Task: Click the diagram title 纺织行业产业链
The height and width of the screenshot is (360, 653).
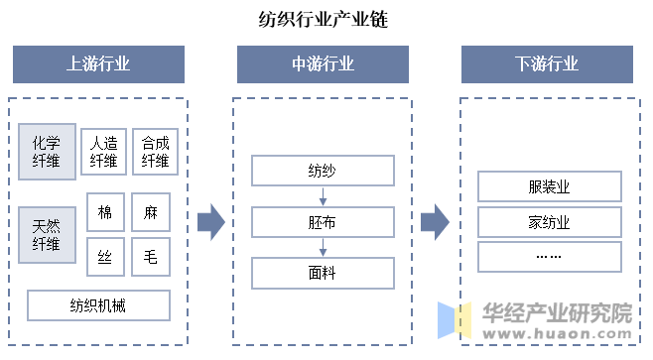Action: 324,19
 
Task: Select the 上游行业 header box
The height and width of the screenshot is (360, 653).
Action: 98,64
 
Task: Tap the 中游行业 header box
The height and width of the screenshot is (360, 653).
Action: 323,64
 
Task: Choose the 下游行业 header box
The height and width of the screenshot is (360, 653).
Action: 547,64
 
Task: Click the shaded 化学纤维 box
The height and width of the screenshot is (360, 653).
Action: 47,152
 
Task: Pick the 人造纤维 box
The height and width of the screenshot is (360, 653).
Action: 103,152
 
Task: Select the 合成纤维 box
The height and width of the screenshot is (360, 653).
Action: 156,152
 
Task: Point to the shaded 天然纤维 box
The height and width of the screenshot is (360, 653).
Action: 47,235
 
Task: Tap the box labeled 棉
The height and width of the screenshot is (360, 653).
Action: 105,212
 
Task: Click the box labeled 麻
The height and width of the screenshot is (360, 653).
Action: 151,212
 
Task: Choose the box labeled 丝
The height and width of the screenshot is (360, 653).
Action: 105,257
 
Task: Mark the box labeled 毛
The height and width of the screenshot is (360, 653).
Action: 151,257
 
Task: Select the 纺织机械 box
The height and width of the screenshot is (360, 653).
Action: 98,305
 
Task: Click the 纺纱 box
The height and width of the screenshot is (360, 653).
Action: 323,171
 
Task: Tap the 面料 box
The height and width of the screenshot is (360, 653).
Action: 323,273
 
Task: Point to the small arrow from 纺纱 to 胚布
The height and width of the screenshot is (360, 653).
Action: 323,196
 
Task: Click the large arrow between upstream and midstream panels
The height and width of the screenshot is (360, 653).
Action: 211,222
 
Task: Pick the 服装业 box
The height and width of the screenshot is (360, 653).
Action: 550,186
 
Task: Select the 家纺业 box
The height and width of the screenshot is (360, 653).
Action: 550,222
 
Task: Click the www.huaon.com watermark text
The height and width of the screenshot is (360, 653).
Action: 557,333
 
